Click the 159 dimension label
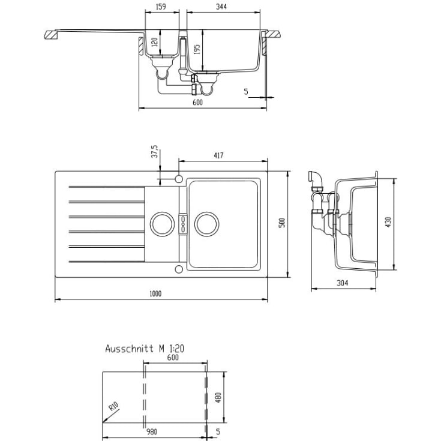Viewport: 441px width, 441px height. pyautogui.click(x=161, y=7)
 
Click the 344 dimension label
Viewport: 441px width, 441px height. pyautogui.click(x=221, y=7)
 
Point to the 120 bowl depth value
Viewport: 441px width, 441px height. pyautogui.click(x=155, y=43)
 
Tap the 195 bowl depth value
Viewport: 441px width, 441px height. pyautogui.click(x=197, y=49)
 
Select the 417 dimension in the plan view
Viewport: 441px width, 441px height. pyautogui.click(x=218, y=155)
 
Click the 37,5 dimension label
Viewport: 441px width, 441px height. pyautogui.click(x=155, y=152)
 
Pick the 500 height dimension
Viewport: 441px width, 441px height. pyautogui.click(x=282, y=223)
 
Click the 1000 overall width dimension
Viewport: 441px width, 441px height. pyautogui.click(x=155, y=294)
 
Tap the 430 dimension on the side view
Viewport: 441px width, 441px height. pyautogui.click(x=388, y=222)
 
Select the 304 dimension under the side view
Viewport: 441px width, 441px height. pyautogui.click(x=343, y=283)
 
